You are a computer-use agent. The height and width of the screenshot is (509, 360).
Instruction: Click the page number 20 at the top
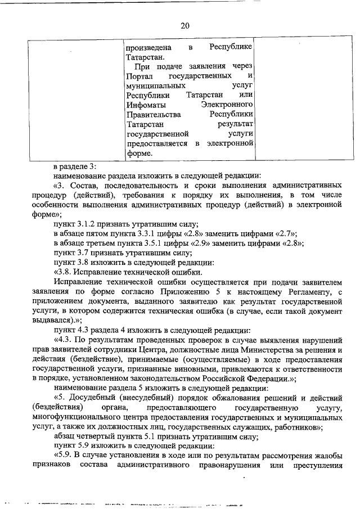tap(186, 25)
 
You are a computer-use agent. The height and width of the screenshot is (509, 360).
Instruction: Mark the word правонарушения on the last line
tap(224, 466)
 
